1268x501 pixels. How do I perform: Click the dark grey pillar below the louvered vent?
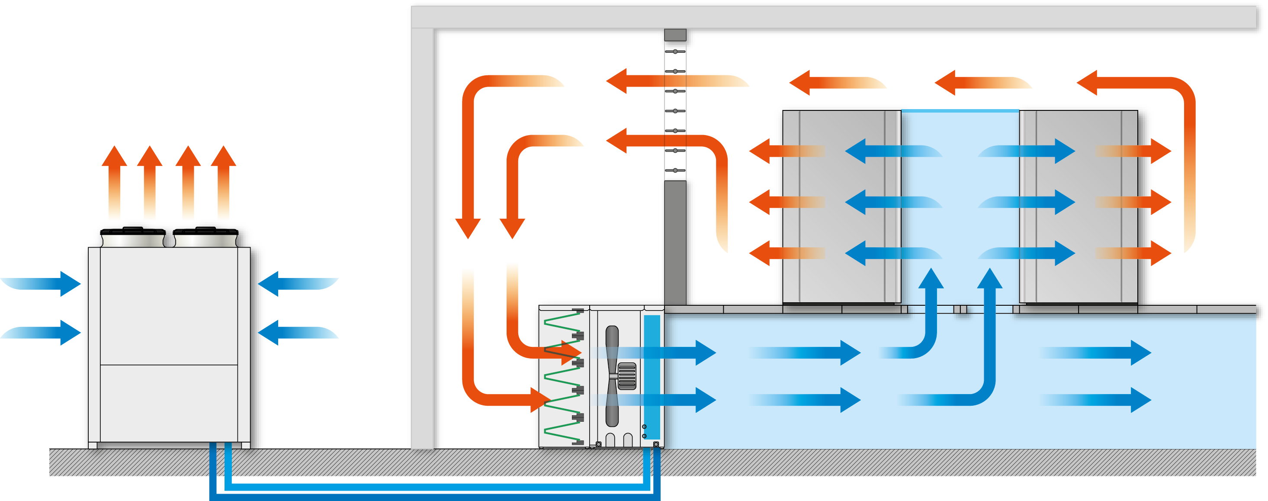(675, 241)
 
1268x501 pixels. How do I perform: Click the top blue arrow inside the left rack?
(886, 151)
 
